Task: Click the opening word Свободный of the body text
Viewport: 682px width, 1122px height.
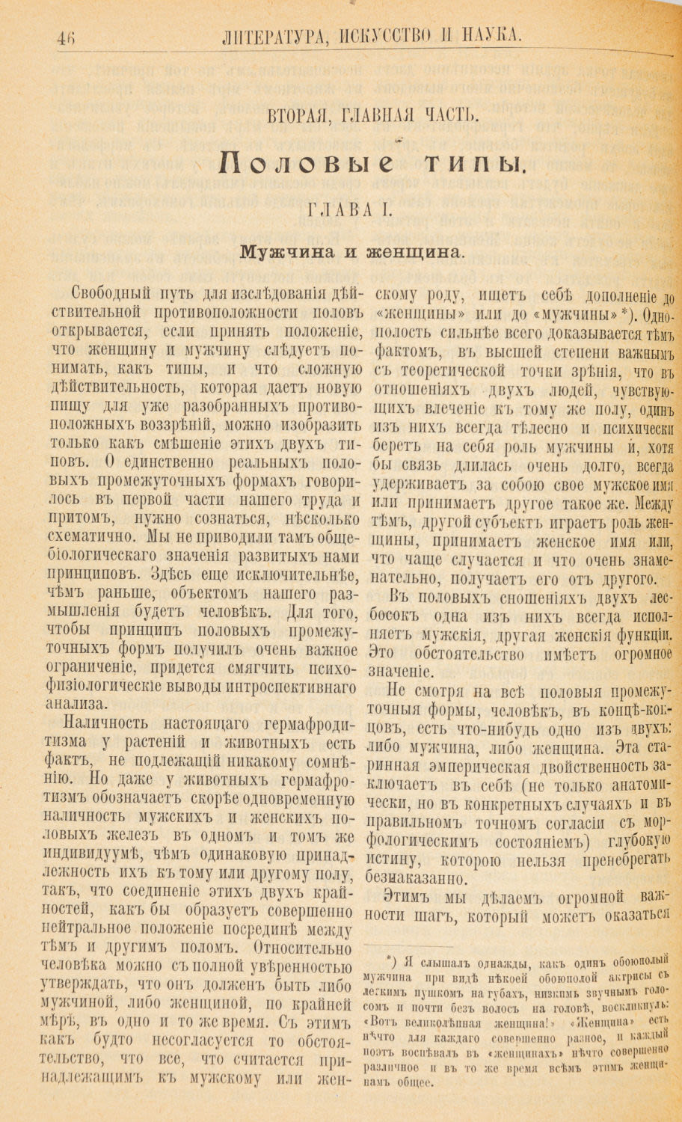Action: tap(111, 292)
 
